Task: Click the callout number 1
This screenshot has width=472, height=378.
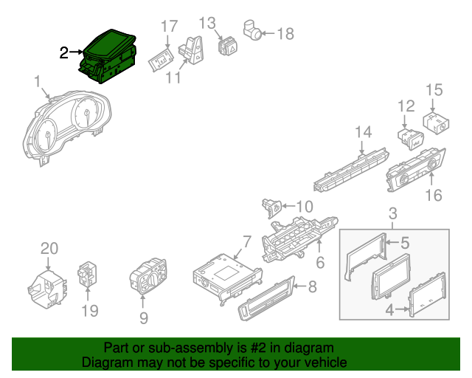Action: coord(37,80)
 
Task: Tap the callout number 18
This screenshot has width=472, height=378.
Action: coord(285,33)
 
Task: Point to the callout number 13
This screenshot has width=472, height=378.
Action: coord(207,23)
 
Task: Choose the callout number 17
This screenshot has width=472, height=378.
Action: coord(169,27)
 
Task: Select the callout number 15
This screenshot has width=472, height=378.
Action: coord(434,91)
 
